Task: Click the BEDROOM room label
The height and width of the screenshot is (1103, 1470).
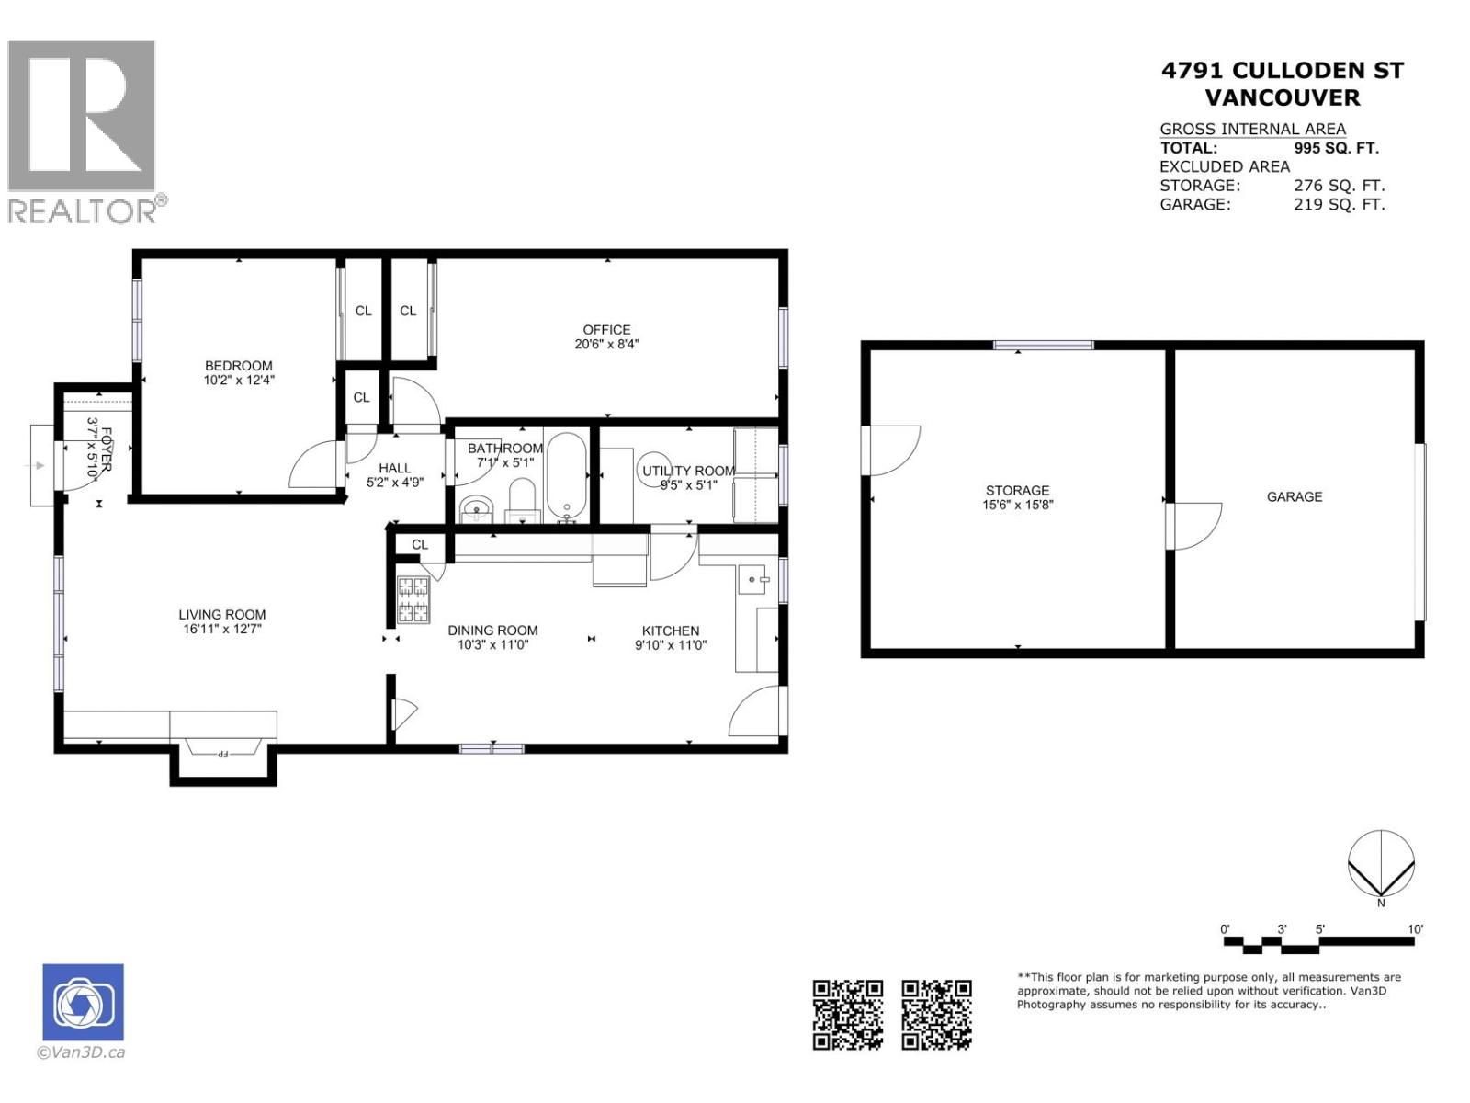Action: pyautogui.click(x=238, y=366)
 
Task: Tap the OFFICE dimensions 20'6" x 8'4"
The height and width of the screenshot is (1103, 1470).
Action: pyautogui.click(x=606, y=345)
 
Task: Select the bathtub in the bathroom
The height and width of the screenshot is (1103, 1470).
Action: pyautogui.click(x=566, y=475)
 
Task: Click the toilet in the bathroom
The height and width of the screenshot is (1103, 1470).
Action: pyautogui.click(x=522, y=501)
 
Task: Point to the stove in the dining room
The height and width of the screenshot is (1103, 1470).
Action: pyautogui.click(x=413, y=599)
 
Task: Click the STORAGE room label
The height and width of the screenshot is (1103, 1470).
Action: pyautogui.click(x=1017, y=490)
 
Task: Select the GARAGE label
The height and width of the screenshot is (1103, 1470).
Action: pyautogui.click(x=1294, y=496)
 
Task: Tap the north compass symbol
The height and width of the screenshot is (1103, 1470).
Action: pyautogui.click(x=1380, y=864)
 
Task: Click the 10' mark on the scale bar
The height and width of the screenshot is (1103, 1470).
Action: pyautogui.click(x=1415, y=929)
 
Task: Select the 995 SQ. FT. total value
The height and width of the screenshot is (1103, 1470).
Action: pyautogui.click(x=1336, y=148)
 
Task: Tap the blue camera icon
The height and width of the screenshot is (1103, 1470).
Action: pyautogui.click(x=83, y=1002)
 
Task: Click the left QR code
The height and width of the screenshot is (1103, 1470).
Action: pyautogui.click(x=847, y=1014)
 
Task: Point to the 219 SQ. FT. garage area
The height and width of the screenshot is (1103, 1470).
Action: pyautogui.click(x=1338, y=205)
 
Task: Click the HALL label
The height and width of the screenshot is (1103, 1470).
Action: pyautogui.click(x=395, y=468)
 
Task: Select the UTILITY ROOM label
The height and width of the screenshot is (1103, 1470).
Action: pyautogui.click(x=688, y=471)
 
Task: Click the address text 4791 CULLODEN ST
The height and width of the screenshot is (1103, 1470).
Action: pyautogui.click(x=1282, y=71)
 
